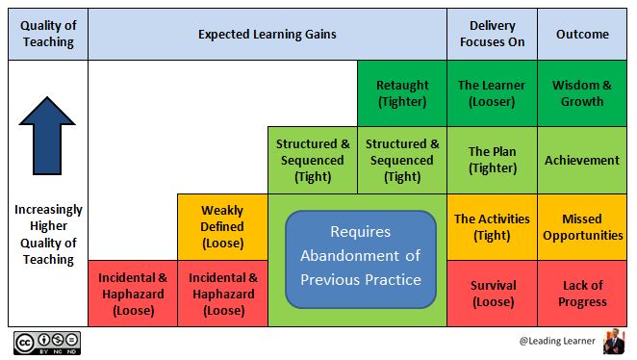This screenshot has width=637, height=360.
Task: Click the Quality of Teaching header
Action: pos(47,34)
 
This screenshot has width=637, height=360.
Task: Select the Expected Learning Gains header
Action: pos(267,34)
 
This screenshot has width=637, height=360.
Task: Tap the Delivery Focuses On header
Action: pos(492,34)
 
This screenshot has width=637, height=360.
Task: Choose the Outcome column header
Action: pos(582,34)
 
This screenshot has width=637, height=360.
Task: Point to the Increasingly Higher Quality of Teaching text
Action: pos(47,234)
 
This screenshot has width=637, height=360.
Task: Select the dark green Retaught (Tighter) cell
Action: pos(402,93)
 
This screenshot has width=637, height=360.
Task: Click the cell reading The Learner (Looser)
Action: pos(492,93)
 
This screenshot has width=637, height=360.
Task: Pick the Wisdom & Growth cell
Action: pos(582,93)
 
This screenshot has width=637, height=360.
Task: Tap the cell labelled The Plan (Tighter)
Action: pos(492,160)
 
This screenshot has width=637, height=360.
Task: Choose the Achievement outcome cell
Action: pos(582,160)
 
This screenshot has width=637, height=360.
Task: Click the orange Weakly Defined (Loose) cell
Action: pos(222,226)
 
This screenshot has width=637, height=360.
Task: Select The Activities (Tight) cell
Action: pos(492,226)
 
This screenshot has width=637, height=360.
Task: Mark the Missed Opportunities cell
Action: pos(582,226)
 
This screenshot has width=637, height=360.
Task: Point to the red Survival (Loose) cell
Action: pos(492,293)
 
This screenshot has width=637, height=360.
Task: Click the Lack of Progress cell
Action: pos(582,293)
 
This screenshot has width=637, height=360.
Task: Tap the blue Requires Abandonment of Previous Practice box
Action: pos(361,256)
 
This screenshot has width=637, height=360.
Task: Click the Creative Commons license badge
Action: pos(46,344)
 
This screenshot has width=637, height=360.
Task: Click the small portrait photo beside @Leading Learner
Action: pos(613,343)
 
